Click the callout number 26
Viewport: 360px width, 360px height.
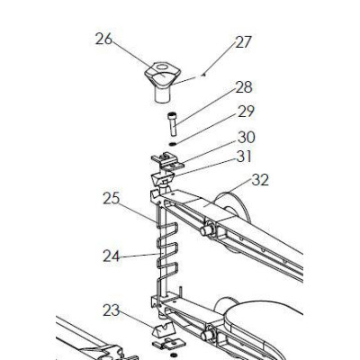click(103, 39)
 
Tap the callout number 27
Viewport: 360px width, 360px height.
click(243, 42)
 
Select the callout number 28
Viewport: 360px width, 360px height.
click(244, 87)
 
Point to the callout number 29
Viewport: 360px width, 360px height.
click(246, 112)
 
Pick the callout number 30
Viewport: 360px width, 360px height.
click(247, 137)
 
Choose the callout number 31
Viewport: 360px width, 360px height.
click(244, 157)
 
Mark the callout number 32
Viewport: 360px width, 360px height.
click(260, 180)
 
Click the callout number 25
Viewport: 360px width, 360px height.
click(112, 199)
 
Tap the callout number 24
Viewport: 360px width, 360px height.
click(112, 256)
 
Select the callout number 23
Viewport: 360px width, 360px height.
click(112, 310)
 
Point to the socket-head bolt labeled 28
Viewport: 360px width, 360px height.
click(172, 123)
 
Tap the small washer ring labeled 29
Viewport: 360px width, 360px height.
click(173, 144)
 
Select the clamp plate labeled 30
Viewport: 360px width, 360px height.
click(166, 162)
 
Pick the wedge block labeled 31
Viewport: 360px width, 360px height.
click(162, 179)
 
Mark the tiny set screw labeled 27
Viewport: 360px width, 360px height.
click(203, 75)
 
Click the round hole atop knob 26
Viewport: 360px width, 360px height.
click(162, 67)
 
